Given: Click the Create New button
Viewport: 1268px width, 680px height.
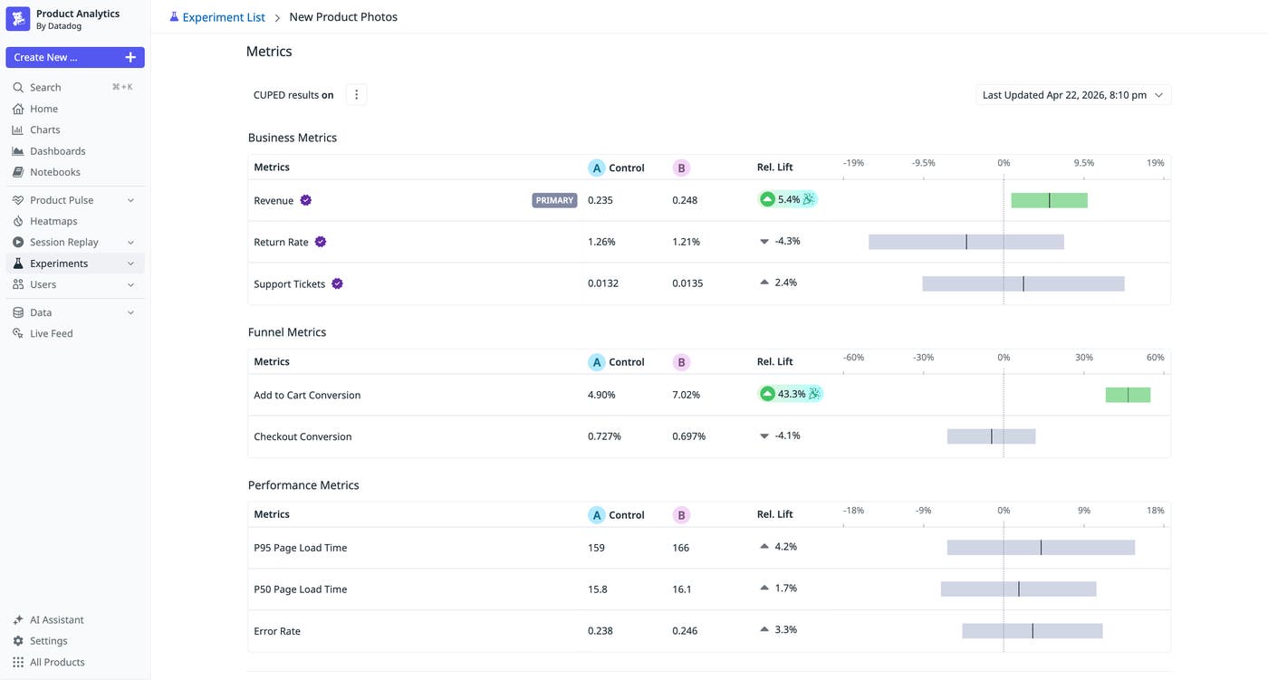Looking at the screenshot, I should tap(74, 57).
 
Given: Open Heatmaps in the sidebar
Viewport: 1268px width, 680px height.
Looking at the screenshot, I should tap(53, 221).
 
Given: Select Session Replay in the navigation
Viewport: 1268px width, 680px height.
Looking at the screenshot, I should tap(63, 242).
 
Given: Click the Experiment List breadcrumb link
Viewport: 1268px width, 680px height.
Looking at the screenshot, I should tap(223, 17).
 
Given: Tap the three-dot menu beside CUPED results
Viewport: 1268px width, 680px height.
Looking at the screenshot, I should tap(356, 95).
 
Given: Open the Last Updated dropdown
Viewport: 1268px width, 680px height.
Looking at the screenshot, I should tap(1072, 95).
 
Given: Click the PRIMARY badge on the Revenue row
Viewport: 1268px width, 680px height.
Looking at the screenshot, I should tap(554, 200).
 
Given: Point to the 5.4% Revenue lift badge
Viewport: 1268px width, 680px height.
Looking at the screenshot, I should tap(787, 199).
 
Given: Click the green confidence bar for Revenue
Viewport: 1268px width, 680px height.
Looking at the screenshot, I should tap(1049, 200).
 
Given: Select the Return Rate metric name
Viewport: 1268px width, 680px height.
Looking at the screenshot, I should tap(281, 242).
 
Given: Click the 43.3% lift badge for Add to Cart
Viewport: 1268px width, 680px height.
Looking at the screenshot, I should tap(790, 394).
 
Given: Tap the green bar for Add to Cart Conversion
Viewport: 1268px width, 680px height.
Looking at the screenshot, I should tap(1128, 395).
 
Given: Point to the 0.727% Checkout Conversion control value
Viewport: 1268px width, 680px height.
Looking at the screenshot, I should tap(604, 436).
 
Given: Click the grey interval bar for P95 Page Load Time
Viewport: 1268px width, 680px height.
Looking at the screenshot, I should tap(1041, 548).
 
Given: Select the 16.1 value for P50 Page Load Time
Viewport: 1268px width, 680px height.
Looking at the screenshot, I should tap(681, 589).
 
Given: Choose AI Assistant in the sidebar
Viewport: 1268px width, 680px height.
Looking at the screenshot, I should tap(56, 620).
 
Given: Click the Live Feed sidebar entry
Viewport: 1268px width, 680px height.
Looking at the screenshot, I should tap(51, 333).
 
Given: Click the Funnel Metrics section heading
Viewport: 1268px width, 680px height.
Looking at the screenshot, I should tap(287, 332).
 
